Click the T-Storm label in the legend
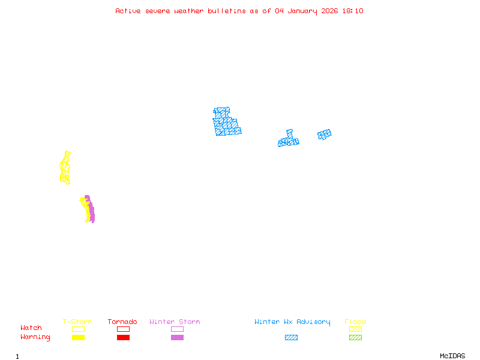(x=77, y=322)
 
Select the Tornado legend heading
(x=122, y=322)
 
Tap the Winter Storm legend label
(x=175, y=322)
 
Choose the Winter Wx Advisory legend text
(x=292, y=322)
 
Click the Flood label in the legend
(x=355, y=322)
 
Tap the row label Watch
(x=31, y=328)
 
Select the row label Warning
(x=35, y=337)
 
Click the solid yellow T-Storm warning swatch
(x=78, y=338)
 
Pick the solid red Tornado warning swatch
(x=123, y=338)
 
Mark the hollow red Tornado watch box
(x=123, y=329)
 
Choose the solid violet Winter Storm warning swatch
(x=177, y=338)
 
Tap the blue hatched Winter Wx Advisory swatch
(x=291, y=338)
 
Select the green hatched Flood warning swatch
(x=355, y=338)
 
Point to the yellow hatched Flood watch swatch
(x=355, y=329)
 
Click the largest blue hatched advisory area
(x=226, y=123)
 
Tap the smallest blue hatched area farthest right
(x=325, y=134)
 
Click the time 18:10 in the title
(x=353, y=11)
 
